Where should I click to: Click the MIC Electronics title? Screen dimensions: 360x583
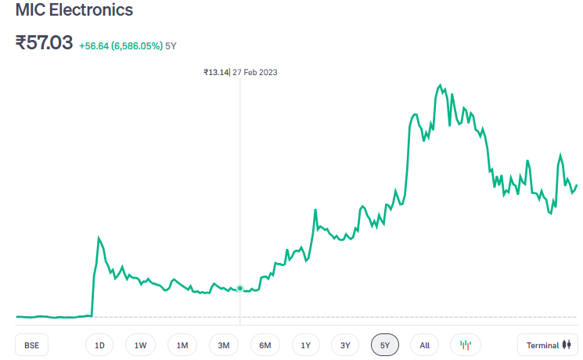point(74,11)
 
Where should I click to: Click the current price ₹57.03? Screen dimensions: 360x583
point(44,43)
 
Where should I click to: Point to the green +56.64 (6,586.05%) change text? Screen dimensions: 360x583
point(121,46)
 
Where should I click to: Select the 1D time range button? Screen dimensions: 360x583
point(99,345)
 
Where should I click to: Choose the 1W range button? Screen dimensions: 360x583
point(141,345)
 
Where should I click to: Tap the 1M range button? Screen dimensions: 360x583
point(182,345)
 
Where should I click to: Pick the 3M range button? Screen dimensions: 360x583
point(224,345)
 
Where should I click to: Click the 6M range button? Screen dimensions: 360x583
point(265,345)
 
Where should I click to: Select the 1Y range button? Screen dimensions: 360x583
point(306,345)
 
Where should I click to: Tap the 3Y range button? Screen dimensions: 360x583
point(345,345)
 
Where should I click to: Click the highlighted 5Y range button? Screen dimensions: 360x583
point(385,345)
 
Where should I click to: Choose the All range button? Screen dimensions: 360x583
point(424,345)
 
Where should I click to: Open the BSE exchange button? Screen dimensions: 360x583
point(31,345)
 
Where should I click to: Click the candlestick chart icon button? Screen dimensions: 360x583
point(466,345)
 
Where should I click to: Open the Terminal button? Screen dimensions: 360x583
point(548,345)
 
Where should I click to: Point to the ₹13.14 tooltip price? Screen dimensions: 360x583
point(215,72)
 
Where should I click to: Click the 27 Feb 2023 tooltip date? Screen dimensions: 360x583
point(255,72)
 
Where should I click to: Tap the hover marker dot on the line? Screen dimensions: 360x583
point(240,289)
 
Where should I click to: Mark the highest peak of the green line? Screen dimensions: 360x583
point(441,85)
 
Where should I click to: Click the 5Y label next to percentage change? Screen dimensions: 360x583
point(171,46)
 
